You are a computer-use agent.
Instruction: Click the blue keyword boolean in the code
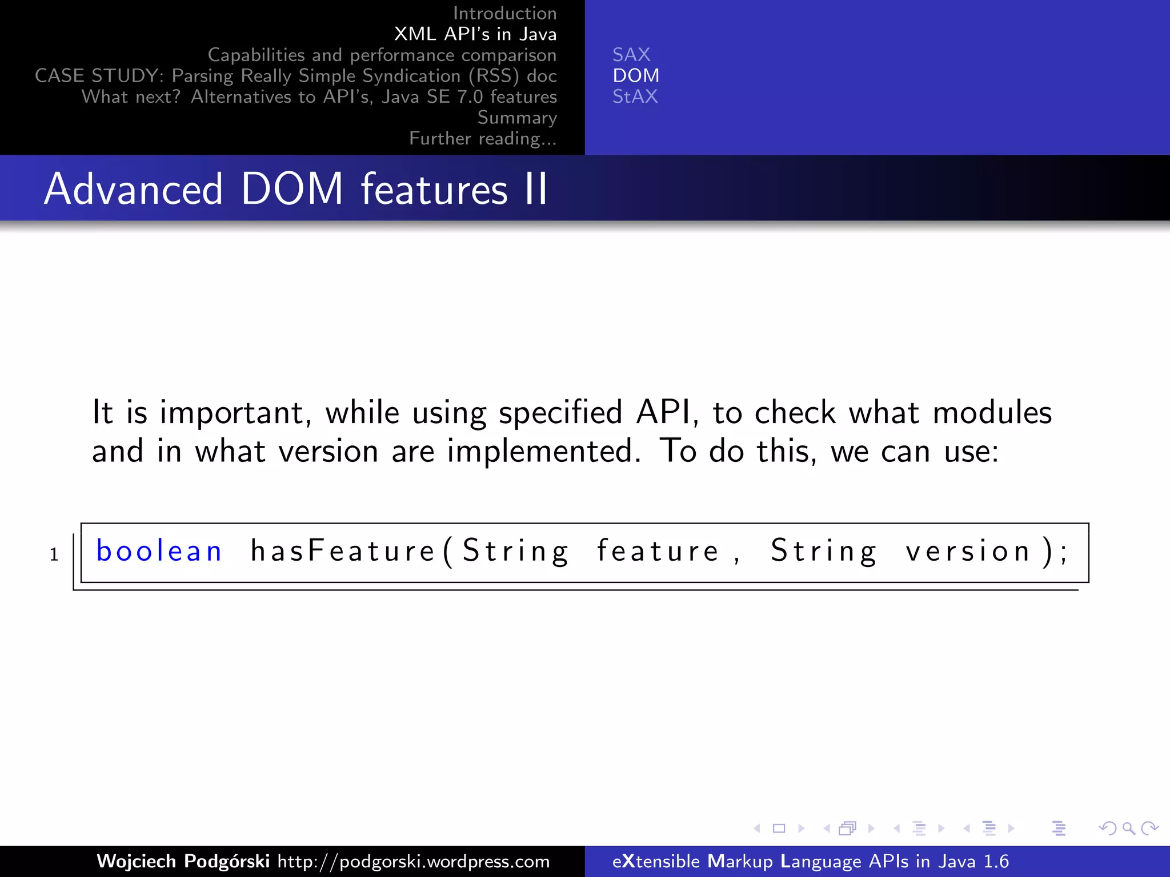[x=159, y=551]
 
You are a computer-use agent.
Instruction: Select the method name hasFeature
[x=343, y=551]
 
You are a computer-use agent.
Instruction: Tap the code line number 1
[x=54, y=554]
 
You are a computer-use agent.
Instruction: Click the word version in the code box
[x=968, y=551]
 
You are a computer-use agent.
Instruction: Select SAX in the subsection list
[x=631, y=55]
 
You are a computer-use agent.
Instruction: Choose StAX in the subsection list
[x=635, y=96]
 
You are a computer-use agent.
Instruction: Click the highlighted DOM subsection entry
[x=636, y=75]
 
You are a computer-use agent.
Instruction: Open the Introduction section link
[x=504, y=13]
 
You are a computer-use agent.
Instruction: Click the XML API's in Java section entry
[x=475, y=34]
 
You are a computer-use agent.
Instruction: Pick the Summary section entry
[x=516, y=118]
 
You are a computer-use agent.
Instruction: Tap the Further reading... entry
[x=483, y=139]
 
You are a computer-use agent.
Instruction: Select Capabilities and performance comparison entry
[x=382, y=55]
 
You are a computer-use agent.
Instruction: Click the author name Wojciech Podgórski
[x=183, y=861]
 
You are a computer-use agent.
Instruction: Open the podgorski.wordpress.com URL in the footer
[x=413, y=861]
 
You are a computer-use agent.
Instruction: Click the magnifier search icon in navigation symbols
[x=1128, y=828]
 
